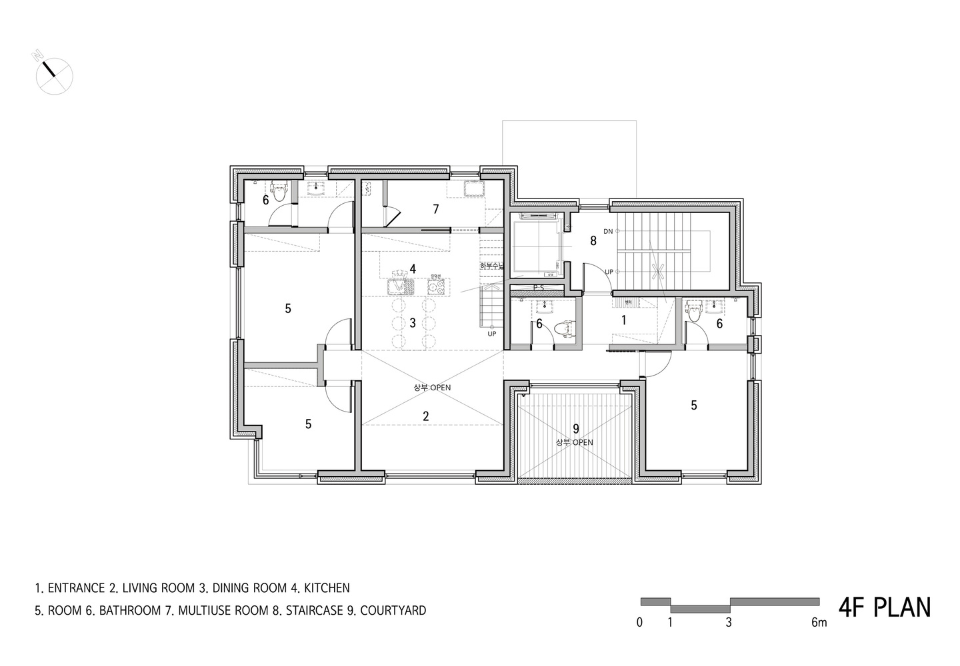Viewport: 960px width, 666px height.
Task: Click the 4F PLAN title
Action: coord(884,607)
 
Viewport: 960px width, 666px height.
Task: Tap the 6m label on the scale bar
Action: coord(819,623)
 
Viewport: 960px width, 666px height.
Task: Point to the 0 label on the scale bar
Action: coord(639,623)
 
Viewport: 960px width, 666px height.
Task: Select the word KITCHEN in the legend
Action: coord(327,588)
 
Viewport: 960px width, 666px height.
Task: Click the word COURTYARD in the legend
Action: coord(393,610)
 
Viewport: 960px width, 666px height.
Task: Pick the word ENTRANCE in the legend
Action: coord(74,588)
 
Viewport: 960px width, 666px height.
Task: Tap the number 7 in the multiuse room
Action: coord(435,209)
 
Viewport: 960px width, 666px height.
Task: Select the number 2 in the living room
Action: coord(426,416)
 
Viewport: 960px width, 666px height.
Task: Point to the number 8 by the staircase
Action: coord(593,241)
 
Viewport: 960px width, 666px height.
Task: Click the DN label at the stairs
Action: coord(607,231)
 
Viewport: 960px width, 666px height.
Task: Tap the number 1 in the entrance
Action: coord(623,320)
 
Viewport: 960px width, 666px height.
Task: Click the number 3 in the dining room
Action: coord(413,323)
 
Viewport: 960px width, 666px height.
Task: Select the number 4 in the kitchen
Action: coord(413,269)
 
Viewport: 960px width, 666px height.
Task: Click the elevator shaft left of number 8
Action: coord(537,246)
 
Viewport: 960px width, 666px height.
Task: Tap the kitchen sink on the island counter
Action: coord(399,286)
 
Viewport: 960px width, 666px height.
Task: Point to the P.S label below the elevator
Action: coord(539,288)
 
